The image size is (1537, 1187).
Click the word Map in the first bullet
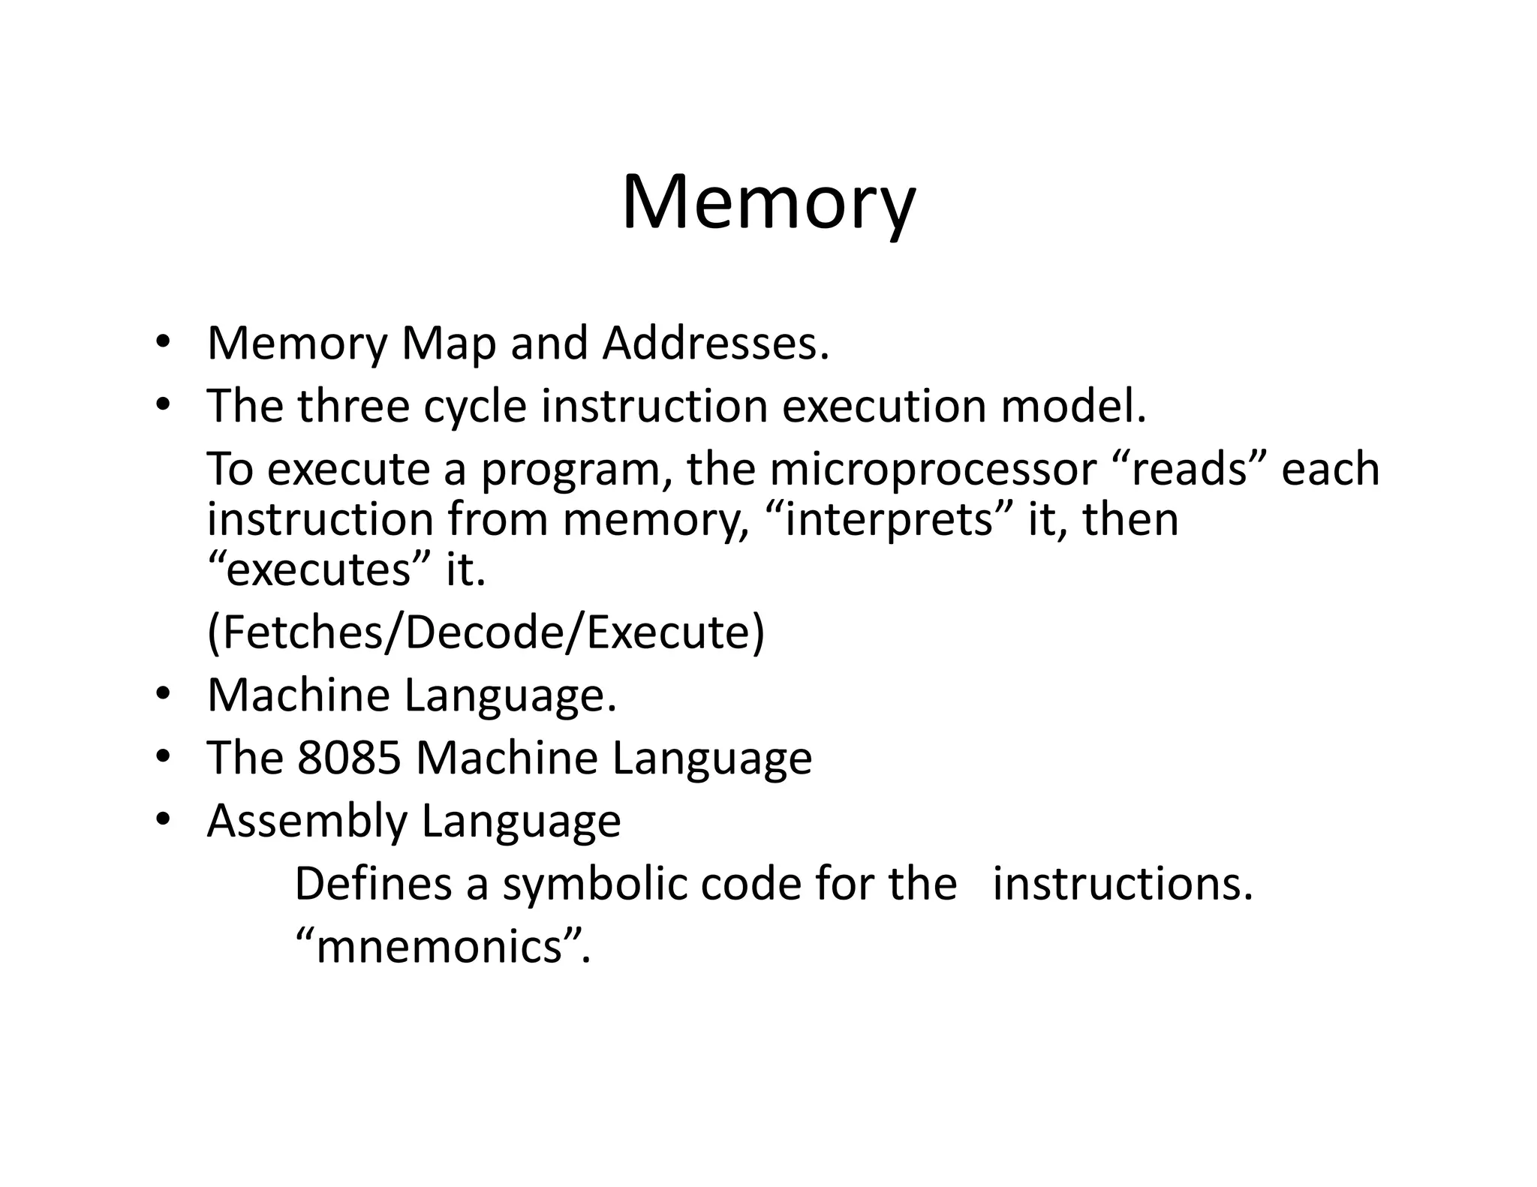pos(449,344)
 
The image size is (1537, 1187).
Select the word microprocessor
pos(932,470)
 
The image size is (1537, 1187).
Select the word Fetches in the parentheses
pos(303,633)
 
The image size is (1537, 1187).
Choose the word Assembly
pos(306,822)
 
